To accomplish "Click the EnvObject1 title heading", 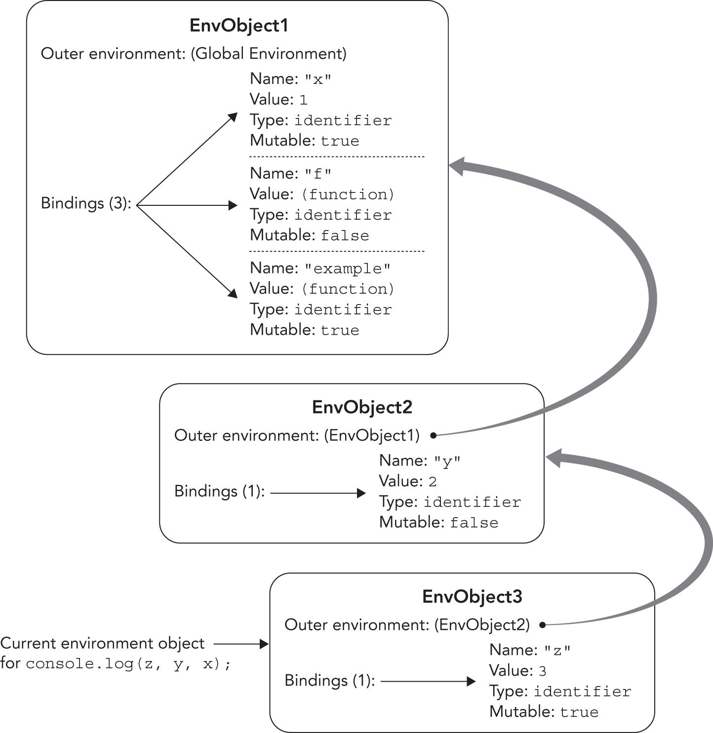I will click(x=238, y=26).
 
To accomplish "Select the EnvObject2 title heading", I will click(x=362, y=407).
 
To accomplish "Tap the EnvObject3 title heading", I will click(x=472, y=597).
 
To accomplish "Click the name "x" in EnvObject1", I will click(x=318, y=79).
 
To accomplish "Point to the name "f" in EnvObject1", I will click(x=318, y=174).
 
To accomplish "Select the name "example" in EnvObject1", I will click(x=347, y=269).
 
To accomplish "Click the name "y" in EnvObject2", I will click(x=447, y=462).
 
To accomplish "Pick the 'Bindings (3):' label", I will click(x=86, y=203).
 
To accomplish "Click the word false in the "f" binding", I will click(x=345, y=235).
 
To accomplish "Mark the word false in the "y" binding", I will click(x=474, y=523).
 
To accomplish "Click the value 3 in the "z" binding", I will click(x=542, y=671).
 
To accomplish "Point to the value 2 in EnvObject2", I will click(x=432, y=482).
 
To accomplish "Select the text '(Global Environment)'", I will click(x=269, y=53).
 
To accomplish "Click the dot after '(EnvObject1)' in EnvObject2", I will click(x=433, y=435).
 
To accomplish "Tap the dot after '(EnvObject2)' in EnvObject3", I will click(x=542, y=625).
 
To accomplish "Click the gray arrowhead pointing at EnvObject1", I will click(x=458, y=166).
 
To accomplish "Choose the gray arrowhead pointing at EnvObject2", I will click(x=555, y=459).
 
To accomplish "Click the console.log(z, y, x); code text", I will click(x=128, y=664).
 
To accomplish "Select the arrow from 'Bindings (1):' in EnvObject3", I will click(x=428, y=682).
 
